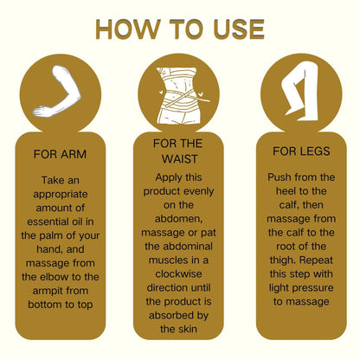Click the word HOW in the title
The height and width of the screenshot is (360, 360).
(x=127, y=29)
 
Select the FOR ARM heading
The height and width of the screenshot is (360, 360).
(x=60, y=154)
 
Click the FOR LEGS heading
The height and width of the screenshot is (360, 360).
(x=301, y=151)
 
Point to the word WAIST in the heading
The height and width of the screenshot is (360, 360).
(x=179, y=159)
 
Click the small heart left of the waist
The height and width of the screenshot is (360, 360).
(x=161, y=93)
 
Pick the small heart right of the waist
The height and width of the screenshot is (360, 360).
(x=201, y=94)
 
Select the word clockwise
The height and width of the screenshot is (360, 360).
(x=178, y=273)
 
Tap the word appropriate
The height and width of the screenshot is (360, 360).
(x=61, y=195)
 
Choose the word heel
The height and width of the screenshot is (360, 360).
(x=286, y=191)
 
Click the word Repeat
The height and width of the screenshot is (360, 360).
(x=317, y=260)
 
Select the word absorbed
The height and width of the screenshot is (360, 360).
(x=169, y=315)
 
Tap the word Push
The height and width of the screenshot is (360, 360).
(x=279, y=177)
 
